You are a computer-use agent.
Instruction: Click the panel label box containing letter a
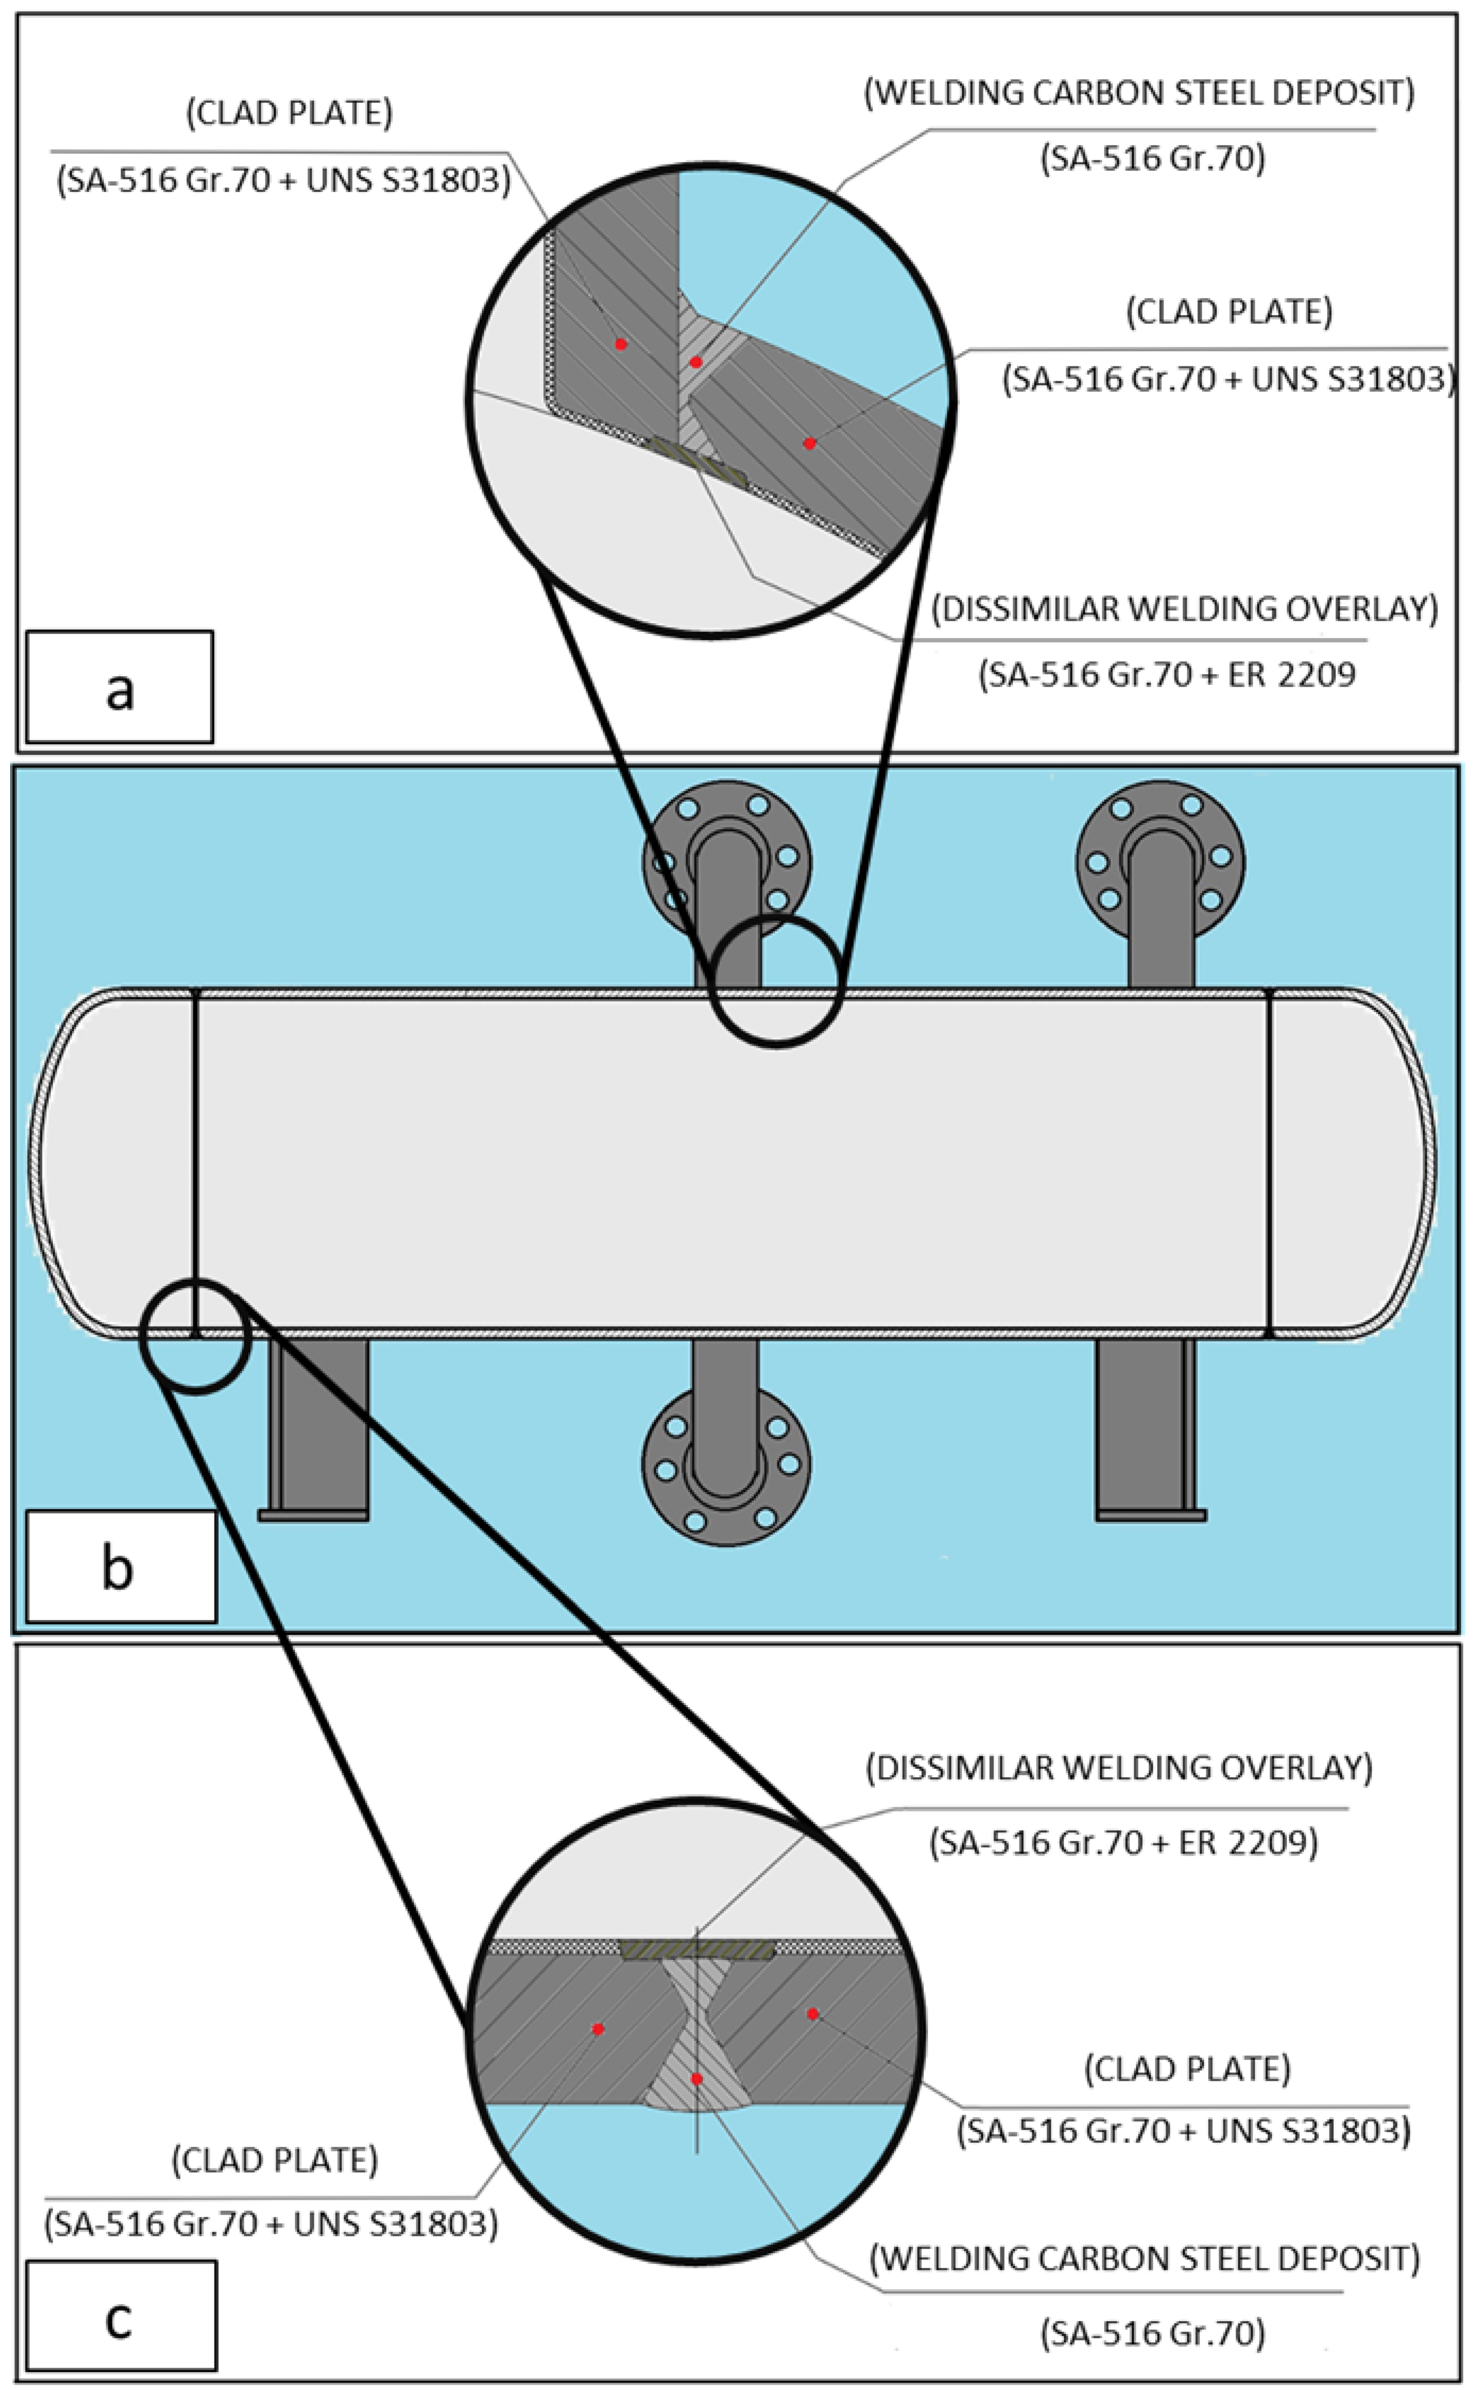coord(119,687)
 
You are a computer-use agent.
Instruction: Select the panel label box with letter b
coord(121,1567)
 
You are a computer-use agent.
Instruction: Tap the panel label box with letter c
coord(121,2316)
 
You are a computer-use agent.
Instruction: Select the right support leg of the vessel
coord(1150,1429)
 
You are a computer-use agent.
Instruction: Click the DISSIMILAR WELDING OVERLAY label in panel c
coord(1119,1767)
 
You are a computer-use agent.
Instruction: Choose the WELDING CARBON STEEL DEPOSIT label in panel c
coord(1144,2257)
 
